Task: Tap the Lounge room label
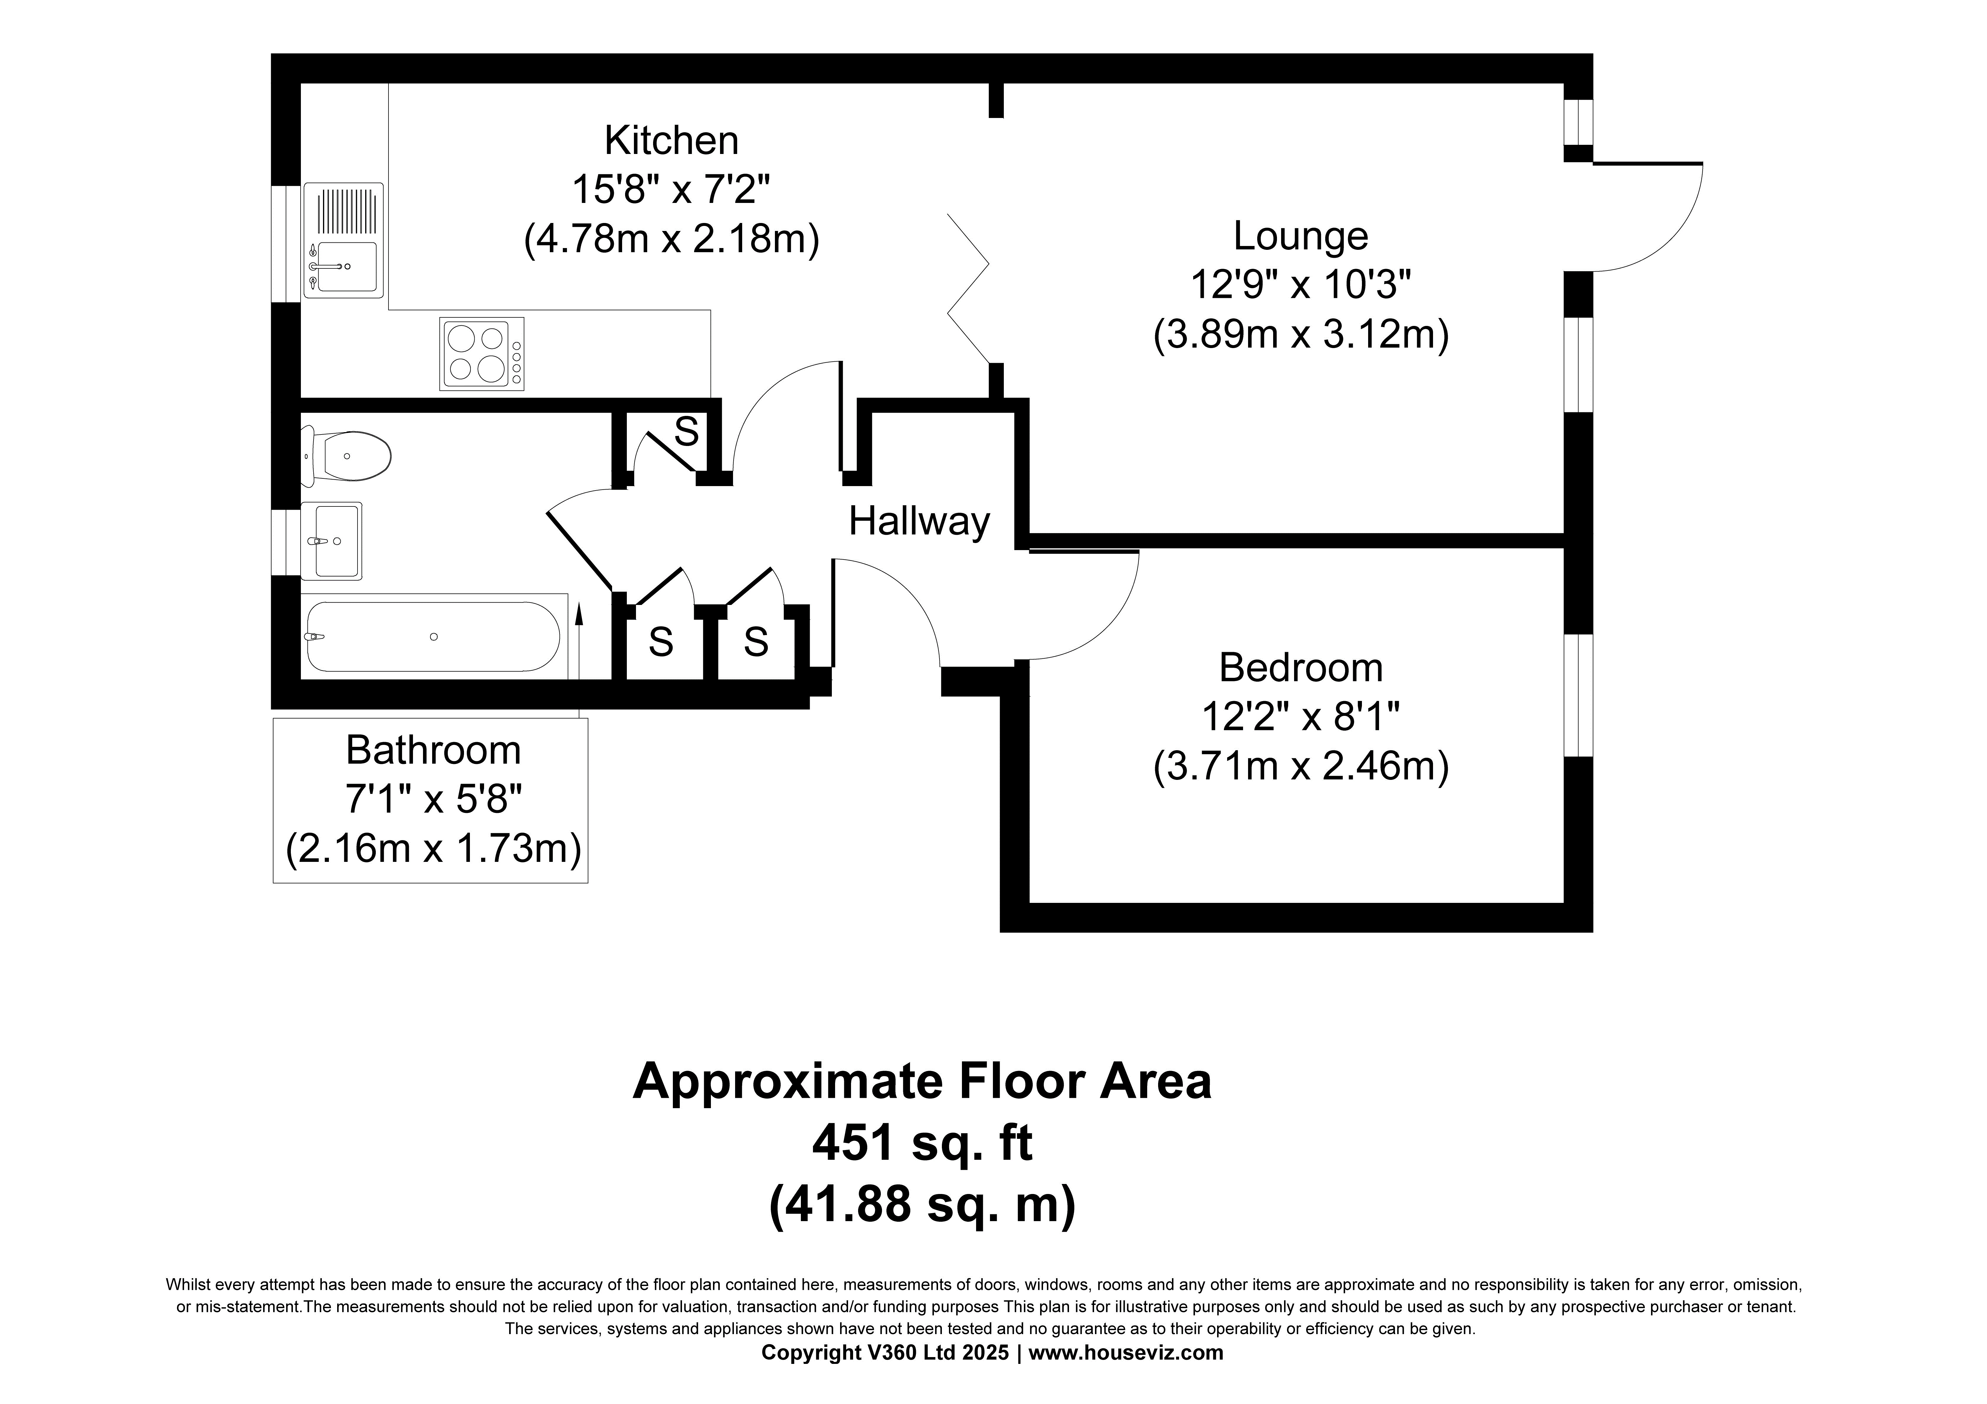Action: [1301, 235]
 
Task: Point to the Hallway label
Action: [919, 521]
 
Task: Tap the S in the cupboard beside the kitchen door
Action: [686, 431]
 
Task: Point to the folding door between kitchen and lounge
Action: [968, 288]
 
